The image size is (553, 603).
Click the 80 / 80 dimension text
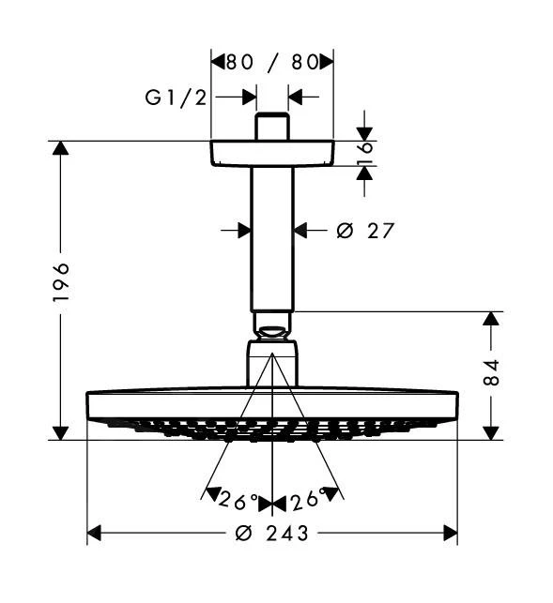tap(272, 62)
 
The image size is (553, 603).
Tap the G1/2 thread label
tap(176, 98)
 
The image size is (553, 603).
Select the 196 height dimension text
tap(61, 282)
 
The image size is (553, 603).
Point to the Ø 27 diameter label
tap(365, 231)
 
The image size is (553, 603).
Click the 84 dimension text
tap(491, 372)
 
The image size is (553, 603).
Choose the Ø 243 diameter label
tap(272, 534)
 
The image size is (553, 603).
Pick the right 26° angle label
tap(308, 499)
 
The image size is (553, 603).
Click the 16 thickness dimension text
tap(364, 153)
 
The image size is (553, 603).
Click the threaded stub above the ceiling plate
tap(272, 127)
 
